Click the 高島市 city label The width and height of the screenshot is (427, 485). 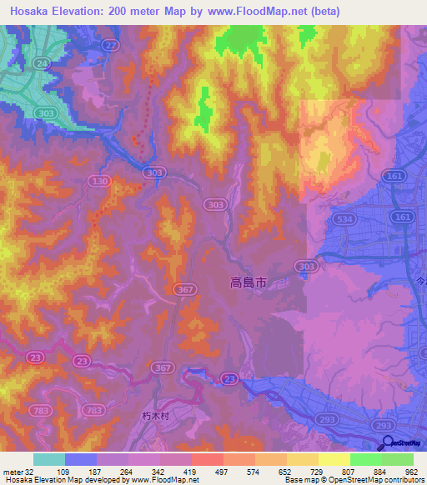[x=249, y=283]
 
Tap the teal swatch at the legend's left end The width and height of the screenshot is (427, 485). [x=49, y=459]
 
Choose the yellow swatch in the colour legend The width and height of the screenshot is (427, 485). [x=334, y=459]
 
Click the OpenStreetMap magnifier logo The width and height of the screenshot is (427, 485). [x=384, y=443]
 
